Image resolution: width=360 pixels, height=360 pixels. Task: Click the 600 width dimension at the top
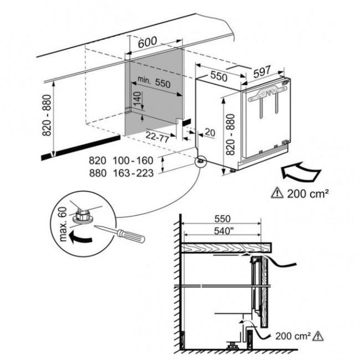point(147,42)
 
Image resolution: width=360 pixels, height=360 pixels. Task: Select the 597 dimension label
point(262,71)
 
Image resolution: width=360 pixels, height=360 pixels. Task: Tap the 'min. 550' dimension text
point(154,82)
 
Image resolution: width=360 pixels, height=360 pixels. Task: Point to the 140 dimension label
point(137,99)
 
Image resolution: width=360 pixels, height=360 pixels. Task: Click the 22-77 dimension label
point(157,136)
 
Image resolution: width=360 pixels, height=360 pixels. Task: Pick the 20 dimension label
point(210,132)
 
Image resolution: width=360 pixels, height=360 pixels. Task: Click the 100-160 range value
point(133,161)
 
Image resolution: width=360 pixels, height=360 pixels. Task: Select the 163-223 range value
point(133,173)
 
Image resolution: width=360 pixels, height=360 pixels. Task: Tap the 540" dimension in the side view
point(222,231)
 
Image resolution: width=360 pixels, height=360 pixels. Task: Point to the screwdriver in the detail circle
point(120,234)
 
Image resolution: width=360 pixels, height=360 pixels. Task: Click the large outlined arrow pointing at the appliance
point(301,172)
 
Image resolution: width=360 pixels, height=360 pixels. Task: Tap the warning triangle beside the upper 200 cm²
point(277,193)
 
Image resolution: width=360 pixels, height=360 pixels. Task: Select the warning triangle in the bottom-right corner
point(317,336)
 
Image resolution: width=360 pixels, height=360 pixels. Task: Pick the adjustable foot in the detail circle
point(83,216)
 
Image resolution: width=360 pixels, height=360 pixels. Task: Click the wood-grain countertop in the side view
point(227,248)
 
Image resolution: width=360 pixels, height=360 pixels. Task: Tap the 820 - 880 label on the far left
point(47,115)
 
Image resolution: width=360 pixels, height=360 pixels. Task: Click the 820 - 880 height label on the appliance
point(230,135)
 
